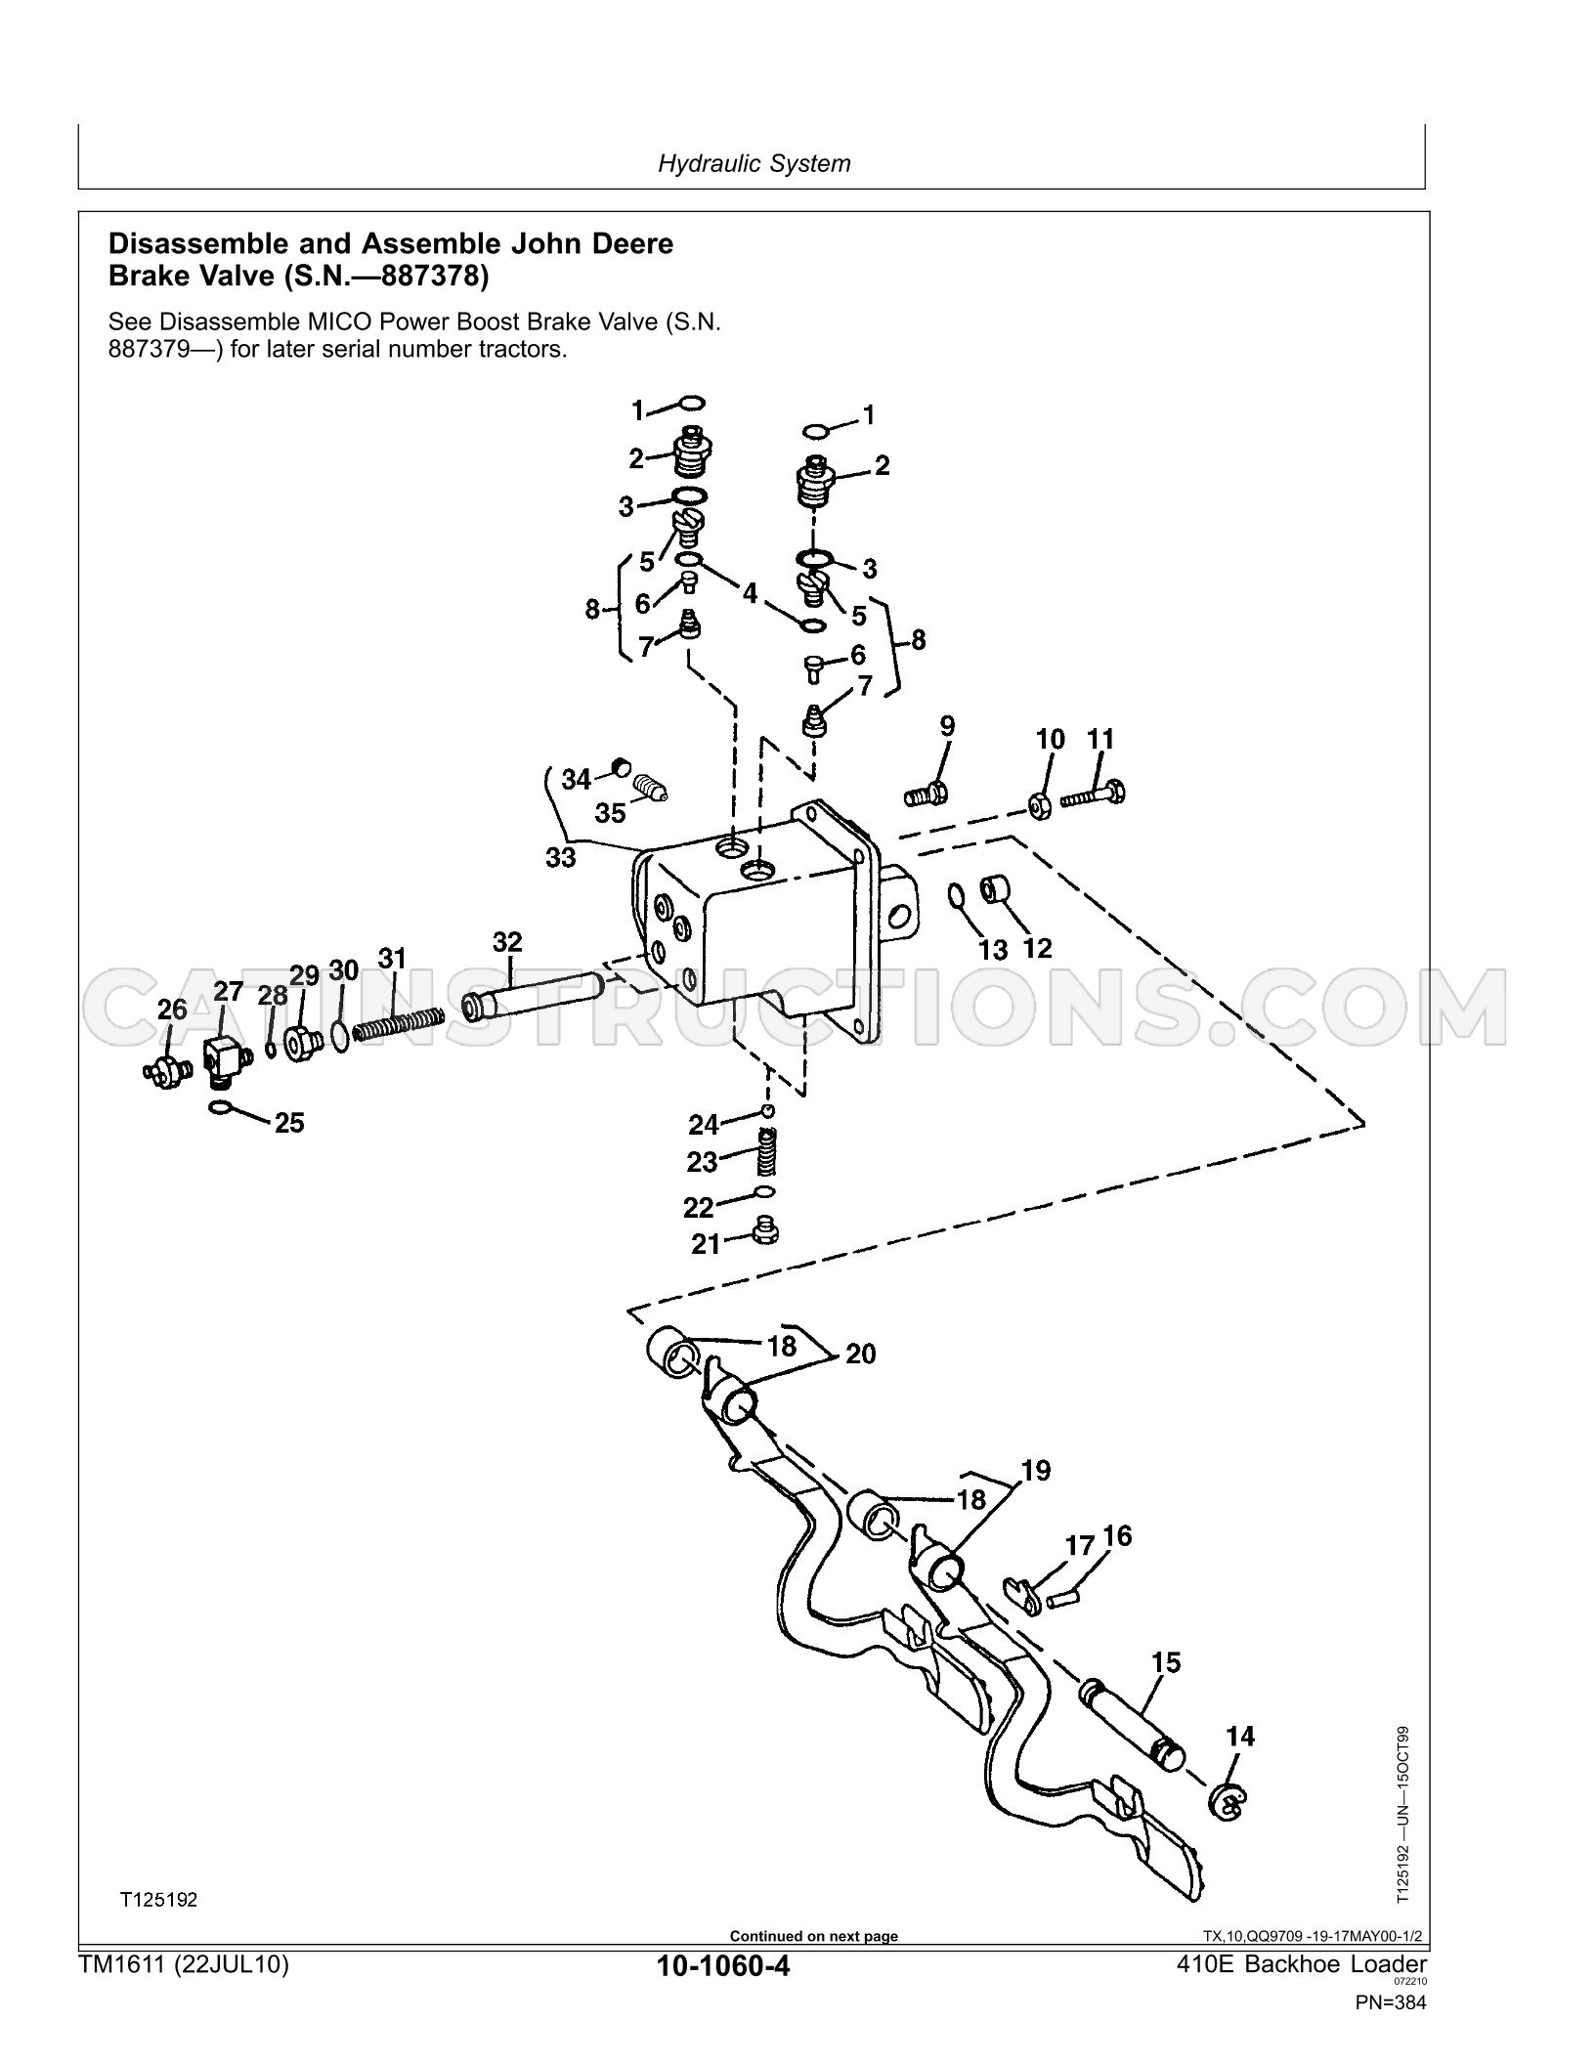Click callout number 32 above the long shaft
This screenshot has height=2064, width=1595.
coord(507,942)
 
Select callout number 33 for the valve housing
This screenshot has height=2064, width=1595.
coord(560,857)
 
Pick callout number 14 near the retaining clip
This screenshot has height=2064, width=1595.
coord(1239,1736)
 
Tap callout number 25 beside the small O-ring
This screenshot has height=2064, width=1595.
coord(289,1122)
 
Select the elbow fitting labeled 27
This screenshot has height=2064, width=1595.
coord(226,1059)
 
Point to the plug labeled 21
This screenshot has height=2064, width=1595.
coord(765,1229)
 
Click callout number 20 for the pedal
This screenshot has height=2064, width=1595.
coord(860,1354)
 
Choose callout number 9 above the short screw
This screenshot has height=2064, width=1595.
coord(947,726)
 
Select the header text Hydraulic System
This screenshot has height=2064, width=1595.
coord(754,163)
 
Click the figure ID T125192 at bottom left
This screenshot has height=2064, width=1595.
coord(158,1900)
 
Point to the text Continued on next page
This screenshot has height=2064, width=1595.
coord(814,1936)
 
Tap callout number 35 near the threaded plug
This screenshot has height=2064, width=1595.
coord(611,813)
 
